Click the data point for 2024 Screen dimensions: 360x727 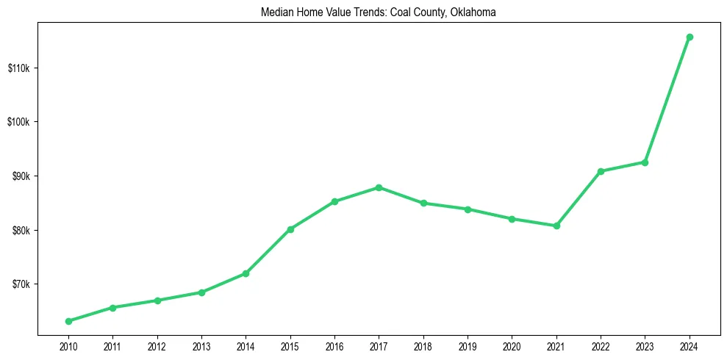pyautogui.click(x=690, y=37)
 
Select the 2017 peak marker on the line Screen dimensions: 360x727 pyautogui.click(x=379, y=187)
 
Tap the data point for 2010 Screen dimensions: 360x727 pyautogui.click(x=68, y=321)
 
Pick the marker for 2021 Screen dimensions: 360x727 pyautogui.click(x=556, y=226)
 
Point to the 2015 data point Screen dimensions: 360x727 pyautogui.click(x=290, y=229)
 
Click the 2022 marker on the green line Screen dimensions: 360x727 pyautogui.click(x=601, y=171)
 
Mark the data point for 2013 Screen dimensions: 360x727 pyautogui.click(x=201, y=292)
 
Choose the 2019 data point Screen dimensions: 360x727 pyautogui.click(x=468, y=209)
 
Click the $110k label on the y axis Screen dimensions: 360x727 pyautogui.click(x=18, y=68)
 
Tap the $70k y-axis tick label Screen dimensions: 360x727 pyautogui.click(x=20, y=284)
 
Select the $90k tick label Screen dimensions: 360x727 pyautogui.click(x=20, y=176)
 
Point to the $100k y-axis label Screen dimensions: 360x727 pyautogui.click(x=18, y=122)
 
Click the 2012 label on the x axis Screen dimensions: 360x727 pyautogui.click(x=157, y=345)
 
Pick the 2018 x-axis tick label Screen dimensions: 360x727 pyautogui.click(x=423, y=345)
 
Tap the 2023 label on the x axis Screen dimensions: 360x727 pyautogui.click(x=645, y=345)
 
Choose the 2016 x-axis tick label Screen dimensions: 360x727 pyautogui.click(x=334, y=345)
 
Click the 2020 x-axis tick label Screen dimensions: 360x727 pyautogui.click(x=512, y=345)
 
